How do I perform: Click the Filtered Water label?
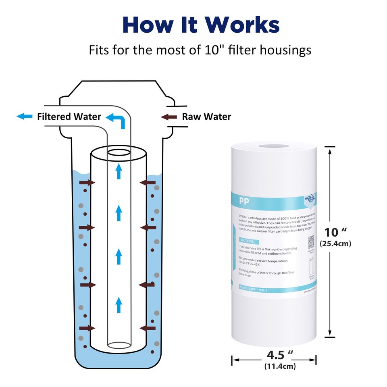(69, 117)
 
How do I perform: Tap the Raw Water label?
(206, 117)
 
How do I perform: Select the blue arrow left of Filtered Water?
(24, 117)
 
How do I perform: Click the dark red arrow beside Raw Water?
(169, 117)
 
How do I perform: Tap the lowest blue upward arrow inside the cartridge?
(119, 305)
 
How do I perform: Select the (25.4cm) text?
(335, 243)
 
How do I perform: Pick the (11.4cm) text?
(280, 366)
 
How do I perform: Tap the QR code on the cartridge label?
(311, 242)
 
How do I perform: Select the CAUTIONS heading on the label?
(248, 240)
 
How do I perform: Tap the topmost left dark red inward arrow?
(87, 183)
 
